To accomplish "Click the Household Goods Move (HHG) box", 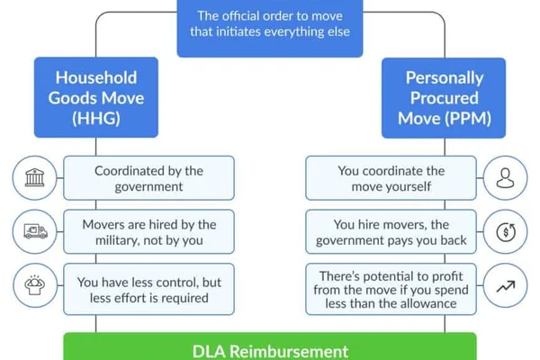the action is click(96, 97).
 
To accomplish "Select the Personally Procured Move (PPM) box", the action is click(444, 98).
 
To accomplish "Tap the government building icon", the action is click(35, 178).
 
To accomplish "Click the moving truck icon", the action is click(35, 231).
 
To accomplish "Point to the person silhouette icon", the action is click(505, 178).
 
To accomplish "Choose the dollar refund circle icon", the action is click(506, 231).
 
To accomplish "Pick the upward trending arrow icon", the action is click(506, 286).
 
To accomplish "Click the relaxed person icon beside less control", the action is click(35, 285).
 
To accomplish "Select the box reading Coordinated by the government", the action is click(148, 178).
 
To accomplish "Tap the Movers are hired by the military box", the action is click(148, 232).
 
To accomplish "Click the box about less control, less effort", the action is click(148, 290).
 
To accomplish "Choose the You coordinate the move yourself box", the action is click(391, 178).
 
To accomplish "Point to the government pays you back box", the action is click(391, 232).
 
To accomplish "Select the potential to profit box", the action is click(391, 290).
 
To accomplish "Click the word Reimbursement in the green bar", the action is click(289, 351).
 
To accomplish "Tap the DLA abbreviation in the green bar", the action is click(209, 351).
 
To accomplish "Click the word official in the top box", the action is click(241, 16).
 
